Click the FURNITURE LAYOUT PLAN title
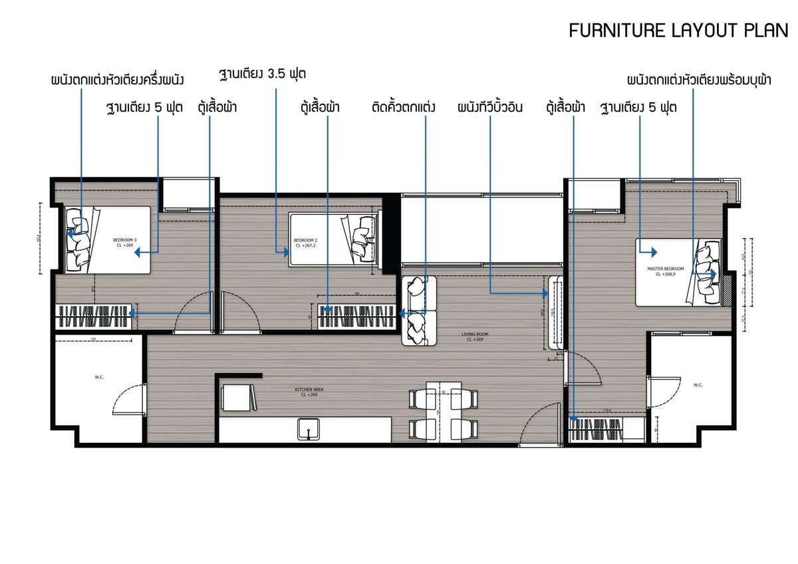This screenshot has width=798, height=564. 678,31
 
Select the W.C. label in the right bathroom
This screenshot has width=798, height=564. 698,385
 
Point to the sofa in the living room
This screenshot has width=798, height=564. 419,310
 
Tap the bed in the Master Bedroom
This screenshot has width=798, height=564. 678,271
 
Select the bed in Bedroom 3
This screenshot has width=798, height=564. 108,239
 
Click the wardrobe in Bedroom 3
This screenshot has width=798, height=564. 94,316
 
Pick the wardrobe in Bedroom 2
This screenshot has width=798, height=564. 356,316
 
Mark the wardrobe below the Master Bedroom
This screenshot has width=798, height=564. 606,427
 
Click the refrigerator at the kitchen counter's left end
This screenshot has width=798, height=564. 237,398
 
